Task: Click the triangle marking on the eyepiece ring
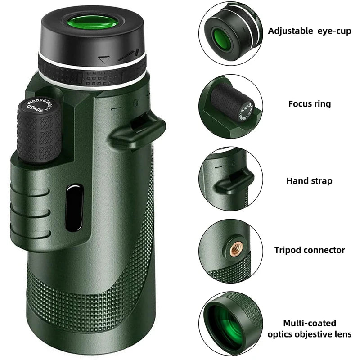[x=105, y=59]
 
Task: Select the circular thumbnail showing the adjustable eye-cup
[x=231, y=32]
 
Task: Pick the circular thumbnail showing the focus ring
[x=231, y=106]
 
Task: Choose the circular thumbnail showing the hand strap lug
[x=231, y=180]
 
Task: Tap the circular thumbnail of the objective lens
[x=231, y=323]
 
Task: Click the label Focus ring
[x=309, y=104]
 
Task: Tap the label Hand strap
[x=309, y=181]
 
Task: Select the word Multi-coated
[x=309, y=323]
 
